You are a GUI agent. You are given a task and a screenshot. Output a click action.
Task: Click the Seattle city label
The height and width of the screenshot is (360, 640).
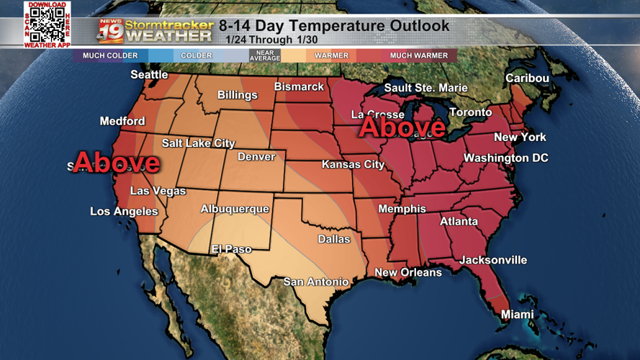149,75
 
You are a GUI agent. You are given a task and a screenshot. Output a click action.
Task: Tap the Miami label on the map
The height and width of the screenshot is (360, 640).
517,315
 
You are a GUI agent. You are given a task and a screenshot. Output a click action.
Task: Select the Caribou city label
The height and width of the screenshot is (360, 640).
527,78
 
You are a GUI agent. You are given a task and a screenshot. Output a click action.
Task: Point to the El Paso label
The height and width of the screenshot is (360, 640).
231,249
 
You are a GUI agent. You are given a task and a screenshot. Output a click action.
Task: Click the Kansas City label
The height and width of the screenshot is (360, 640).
353,165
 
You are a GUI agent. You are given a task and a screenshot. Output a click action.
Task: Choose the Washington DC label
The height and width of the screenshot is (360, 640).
505,158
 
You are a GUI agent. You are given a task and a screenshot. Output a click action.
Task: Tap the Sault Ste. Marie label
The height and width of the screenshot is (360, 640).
425,88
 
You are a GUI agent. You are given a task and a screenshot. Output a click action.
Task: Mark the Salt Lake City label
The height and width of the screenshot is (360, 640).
198,143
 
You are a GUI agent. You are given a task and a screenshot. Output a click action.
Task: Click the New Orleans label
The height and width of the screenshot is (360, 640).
407,273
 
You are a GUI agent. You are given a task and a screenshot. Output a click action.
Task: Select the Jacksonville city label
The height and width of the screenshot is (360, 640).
493,260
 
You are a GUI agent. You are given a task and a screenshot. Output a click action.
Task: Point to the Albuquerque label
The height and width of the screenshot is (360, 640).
235,209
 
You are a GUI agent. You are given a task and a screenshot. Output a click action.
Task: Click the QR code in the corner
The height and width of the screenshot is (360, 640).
48,24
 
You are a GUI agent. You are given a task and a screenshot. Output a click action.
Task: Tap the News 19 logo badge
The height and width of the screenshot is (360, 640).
111,31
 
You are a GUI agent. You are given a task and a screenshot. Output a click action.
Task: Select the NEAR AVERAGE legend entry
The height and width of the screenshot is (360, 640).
264,55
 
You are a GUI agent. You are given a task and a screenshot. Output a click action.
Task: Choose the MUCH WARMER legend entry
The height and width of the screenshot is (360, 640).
418,55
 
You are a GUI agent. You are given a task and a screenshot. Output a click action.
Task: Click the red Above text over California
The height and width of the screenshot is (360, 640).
116,162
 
